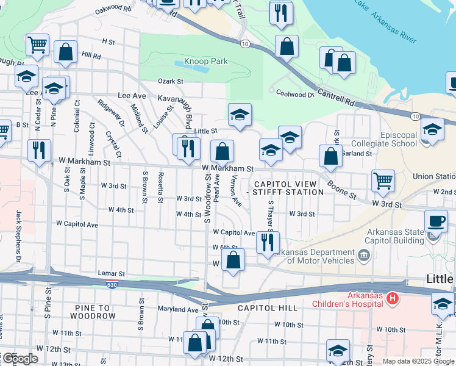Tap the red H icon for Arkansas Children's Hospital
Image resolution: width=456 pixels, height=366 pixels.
click(x=393, y=299)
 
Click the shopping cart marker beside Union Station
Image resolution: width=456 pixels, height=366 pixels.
click(x=383, y=181)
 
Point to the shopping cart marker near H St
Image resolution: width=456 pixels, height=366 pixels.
click(x=38, y=45)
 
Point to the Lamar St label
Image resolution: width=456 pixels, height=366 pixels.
click(x=111, y=274)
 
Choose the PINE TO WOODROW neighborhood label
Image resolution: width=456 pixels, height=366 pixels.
click(x=92, y=312)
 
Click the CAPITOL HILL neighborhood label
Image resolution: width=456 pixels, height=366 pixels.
click(x=268, y=308)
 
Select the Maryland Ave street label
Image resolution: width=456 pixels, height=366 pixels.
click(x=179, y=309)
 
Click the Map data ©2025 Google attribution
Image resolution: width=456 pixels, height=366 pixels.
click(x=418, y=361)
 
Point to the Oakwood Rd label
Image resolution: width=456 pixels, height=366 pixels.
click(x=113, y=9)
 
